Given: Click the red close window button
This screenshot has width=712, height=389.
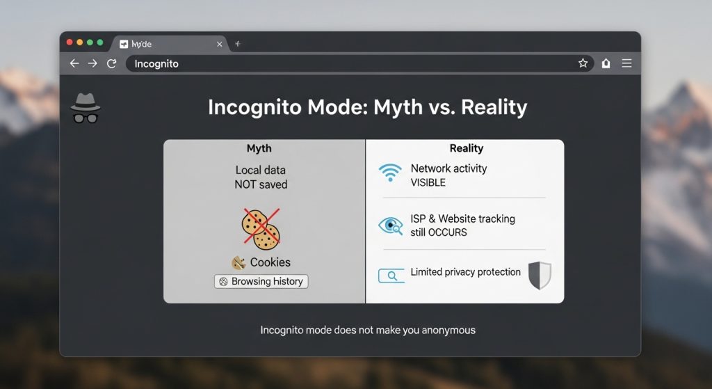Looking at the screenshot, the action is click(x=70, y=42).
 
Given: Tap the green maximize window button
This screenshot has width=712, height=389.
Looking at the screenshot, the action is click(x=100, y=42).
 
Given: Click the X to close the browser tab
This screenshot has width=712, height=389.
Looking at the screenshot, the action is click(x=219, y=44).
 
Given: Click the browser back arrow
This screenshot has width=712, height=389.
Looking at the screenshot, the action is click(x=74, y=63).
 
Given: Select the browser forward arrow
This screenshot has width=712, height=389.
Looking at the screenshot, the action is click(x=92, y=63).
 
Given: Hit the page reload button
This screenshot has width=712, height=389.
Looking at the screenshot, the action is click(x=111, y=63).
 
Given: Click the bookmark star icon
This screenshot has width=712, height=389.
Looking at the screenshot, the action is click(x=583, y=63).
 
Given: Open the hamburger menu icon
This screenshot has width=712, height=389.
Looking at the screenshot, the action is click(x=626, y=63).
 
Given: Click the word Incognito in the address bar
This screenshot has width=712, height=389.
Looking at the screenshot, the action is click(x=156, y=63).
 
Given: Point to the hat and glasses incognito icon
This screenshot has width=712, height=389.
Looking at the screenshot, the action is click(x=86, y=108).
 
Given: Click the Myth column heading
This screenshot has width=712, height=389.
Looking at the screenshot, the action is click(x=259, y=148).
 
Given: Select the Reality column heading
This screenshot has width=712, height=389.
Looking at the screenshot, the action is click(x=467, y=148).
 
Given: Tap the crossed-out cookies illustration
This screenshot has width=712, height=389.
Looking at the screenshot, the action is click(x=261, y=228).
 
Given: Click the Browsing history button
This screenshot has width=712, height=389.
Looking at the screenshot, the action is click(x=261, y=281).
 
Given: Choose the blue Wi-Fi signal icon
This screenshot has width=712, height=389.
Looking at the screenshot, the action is click(x=390, y=173).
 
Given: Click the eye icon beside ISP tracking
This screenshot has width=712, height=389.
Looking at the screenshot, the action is click(x=391, y=225).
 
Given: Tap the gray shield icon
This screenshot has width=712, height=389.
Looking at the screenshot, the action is click(x=540, y=276).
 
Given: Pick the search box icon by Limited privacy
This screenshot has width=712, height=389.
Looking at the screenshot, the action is click(x=391, y=276).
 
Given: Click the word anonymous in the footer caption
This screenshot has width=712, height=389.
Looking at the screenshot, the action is click(x=448, y=331).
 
